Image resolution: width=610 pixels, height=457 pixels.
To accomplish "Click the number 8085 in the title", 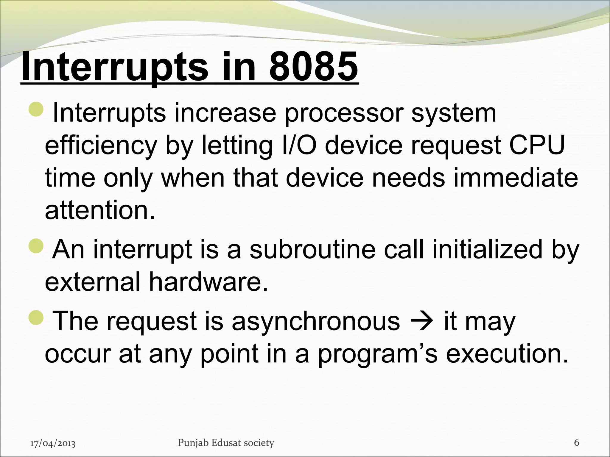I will tap(313, 67).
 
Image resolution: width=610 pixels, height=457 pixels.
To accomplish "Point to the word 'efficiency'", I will tap(101, 146).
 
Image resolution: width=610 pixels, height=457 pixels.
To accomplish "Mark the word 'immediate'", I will tap(515, 178).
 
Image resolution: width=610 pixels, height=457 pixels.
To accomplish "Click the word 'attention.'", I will tap(100, 210).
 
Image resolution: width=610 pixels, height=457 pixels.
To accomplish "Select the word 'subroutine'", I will tap(312, 249).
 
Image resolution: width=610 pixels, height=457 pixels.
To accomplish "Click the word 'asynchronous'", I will tap(316, 321).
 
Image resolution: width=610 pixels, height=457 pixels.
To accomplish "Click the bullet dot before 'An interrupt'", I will tap(36, 246).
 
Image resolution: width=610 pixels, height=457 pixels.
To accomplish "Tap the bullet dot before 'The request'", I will tap(36, 318).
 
